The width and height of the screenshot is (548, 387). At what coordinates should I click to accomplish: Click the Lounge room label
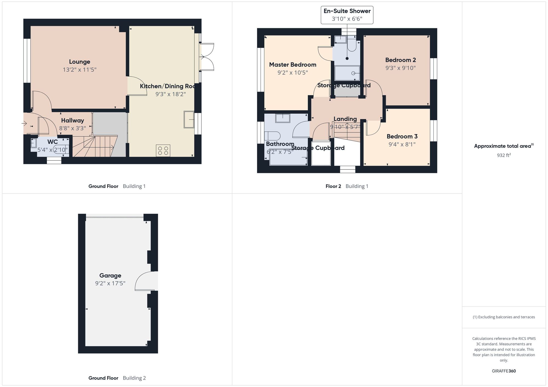click(79, 62)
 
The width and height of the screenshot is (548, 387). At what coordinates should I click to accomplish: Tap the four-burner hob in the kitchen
click(163, 151)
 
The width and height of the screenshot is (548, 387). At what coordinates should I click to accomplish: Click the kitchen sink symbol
click(189, 119)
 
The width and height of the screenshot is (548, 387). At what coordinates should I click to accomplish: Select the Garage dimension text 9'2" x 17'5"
click(110, 283)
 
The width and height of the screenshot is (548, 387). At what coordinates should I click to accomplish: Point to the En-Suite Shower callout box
click(347, 15)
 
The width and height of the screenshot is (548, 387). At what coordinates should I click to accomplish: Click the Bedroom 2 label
click(400, 60)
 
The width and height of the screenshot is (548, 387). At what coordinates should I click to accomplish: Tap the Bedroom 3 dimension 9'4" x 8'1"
click(402, 144)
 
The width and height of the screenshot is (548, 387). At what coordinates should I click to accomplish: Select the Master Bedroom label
click(293, 65)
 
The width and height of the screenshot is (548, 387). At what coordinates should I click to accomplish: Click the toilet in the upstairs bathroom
click(272, 136)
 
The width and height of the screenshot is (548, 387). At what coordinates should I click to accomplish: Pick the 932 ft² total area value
click(504, 155)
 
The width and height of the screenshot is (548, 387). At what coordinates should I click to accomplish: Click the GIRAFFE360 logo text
click(504, 371)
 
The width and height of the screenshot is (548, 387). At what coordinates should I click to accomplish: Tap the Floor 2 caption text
click(333, 186)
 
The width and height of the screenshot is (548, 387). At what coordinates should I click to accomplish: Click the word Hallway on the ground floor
click(72, 120)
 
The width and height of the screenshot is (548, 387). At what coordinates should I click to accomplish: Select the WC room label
click(53, 142)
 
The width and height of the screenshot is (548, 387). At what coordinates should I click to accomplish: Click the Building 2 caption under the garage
click(134, 378)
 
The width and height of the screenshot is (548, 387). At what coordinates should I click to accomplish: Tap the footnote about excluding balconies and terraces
click(504, 317)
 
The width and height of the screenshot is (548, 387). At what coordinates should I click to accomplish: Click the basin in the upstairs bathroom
click(283, 118)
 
